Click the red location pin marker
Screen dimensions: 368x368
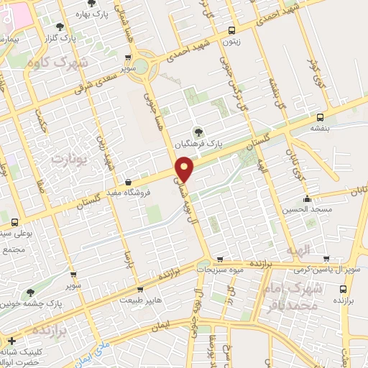click(x=185, y=167)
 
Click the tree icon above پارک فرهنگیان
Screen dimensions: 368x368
click(x=198, y=132)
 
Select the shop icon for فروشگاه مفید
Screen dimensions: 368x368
click(x=128, y=182)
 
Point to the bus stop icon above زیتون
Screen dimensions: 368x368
click(x=231, y=30)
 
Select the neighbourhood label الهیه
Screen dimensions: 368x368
click(x=297, y=249)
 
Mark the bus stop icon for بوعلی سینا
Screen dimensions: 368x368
click(x=13, y=222)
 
